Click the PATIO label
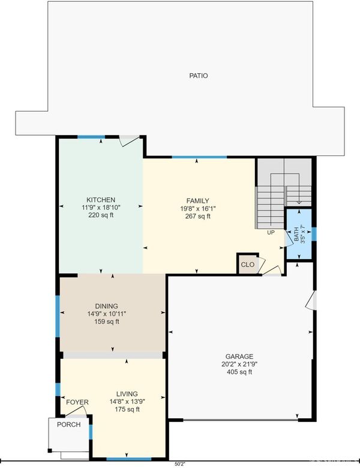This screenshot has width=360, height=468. click(x=199, y=76)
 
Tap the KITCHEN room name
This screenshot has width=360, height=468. click(x=101, y=200)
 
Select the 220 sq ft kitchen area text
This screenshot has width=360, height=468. click(x=101, y=215)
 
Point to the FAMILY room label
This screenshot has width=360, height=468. click(x=197, y=200)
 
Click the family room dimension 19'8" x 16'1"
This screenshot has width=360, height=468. click(x=197, y=208)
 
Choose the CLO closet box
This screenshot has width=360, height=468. click(x=247, y=264)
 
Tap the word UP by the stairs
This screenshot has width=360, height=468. click(x=271, y=233)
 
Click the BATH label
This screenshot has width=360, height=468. click(x=296, y=234)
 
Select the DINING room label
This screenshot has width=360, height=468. click(x=107, y=306)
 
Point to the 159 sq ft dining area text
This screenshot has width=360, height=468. click(x=107, y=322)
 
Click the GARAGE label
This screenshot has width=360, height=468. click(x=239, y=356)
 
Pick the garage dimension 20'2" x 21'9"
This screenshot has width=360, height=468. click(x=239, y=364)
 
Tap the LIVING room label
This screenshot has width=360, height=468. click(x=127, y=394)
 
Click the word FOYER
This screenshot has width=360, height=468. click(x=77, y=403)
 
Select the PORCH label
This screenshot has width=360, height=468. click(x=68, y=424)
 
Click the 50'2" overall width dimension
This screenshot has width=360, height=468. click(x=180, y=464)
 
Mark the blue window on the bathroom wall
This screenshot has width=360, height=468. click(x=314, y=234)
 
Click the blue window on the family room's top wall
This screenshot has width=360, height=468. click(x=199, y=157)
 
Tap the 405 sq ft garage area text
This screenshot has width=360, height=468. click(x=239, y=372)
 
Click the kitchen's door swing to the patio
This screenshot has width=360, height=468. click(x=129, y=140)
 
